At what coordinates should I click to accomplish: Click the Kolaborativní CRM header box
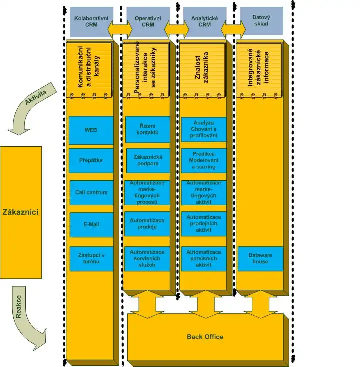(91, 21)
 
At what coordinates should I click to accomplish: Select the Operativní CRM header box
(147, 21)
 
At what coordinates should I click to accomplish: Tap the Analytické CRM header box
(204, 21)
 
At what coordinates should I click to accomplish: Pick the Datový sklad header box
(261, 21)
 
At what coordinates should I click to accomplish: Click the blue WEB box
(91, 129)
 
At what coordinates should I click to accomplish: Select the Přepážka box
(91, 160)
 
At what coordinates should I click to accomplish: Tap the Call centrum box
(91, 192)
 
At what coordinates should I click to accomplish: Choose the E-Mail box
(91, 224)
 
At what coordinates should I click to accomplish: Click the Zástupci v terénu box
(91, 258)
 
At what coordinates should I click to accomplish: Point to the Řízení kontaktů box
(147, 129)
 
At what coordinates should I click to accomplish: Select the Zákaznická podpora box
(147, 160)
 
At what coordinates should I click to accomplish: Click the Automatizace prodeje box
(147, 224)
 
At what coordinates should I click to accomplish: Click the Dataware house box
(260, 258)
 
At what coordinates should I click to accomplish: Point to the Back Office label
(205, 337)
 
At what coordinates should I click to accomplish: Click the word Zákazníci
(20, 212)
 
